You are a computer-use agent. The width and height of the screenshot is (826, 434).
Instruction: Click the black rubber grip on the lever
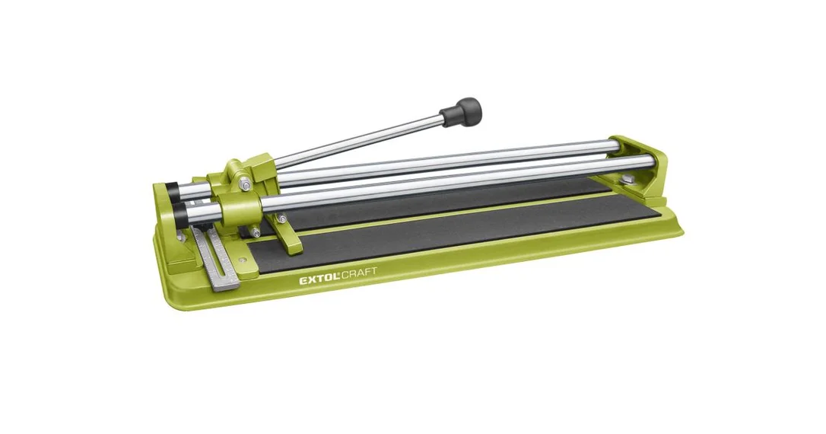(x=462, y=111)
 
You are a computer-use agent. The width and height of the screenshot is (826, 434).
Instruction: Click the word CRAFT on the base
(x=361, y=273)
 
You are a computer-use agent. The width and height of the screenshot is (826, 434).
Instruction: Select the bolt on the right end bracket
(x=627, y=180)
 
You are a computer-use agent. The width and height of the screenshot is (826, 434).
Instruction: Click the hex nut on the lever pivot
(x=246, y=184)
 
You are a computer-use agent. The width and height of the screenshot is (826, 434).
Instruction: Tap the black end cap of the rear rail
(x=172, y=190)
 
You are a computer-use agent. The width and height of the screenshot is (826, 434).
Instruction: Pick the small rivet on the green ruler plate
(x=243, y=260)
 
